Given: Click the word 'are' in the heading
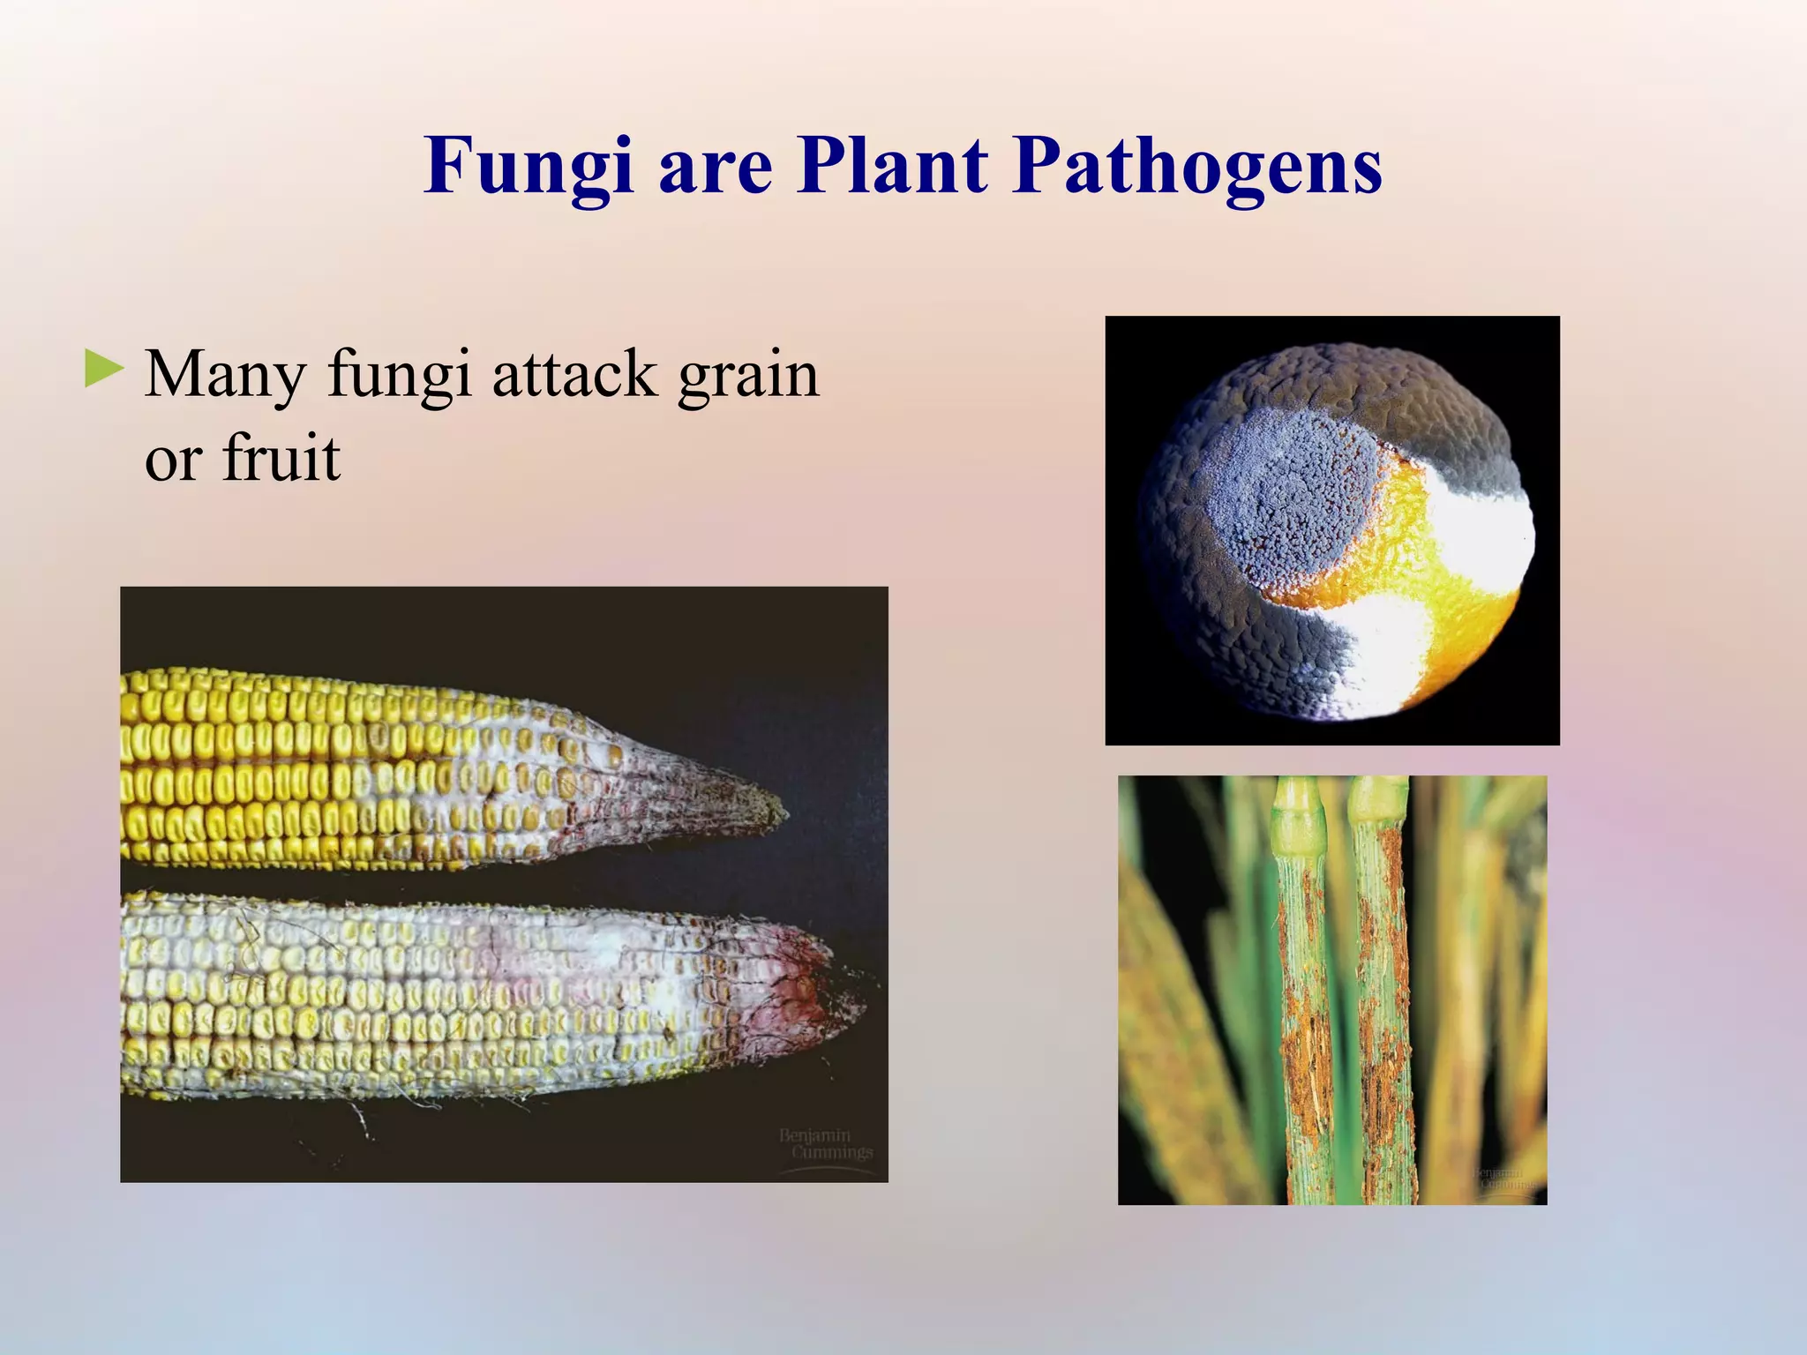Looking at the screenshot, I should point(715,172).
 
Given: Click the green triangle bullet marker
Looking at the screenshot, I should point(104,370).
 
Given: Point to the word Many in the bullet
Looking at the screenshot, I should point(224,375).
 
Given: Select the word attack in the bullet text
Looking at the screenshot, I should point(574,375).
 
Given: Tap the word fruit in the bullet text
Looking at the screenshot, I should point(281,459).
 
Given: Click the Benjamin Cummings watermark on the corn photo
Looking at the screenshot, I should point(825,1144).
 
